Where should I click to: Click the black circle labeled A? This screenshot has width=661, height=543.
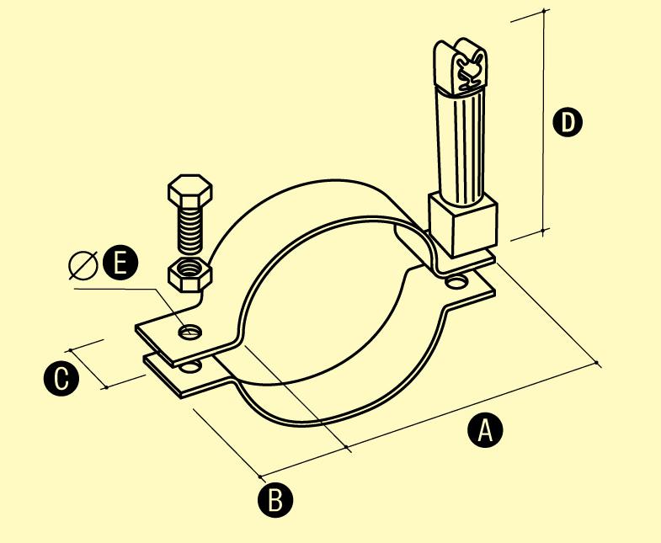pos(485,430)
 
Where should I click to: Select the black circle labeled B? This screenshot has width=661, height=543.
pos(275,500)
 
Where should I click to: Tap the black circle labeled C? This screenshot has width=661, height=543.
pos(61,379)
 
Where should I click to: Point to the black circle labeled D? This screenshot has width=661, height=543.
pos(568,122)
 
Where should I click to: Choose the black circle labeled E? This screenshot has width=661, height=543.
pos(120,264)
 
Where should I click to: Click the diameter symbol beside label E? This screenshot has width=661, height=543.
pos(83,265)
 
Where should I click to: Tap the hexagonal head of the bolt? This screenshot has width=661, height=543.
pos(189,189)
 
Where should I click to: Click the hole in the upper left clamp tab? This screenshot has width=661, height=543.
pos(189,332)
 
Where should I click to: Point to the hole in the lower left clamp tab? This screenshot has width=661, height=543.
pos(190,366)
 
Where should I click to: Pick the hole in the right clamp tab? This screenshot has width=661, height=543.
pos(457,282)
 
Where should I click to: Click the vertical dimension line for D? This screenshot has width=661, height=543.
pos(543,120)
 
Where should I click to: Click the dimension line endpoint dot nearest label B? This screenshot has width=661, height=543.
pos(260,476)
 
